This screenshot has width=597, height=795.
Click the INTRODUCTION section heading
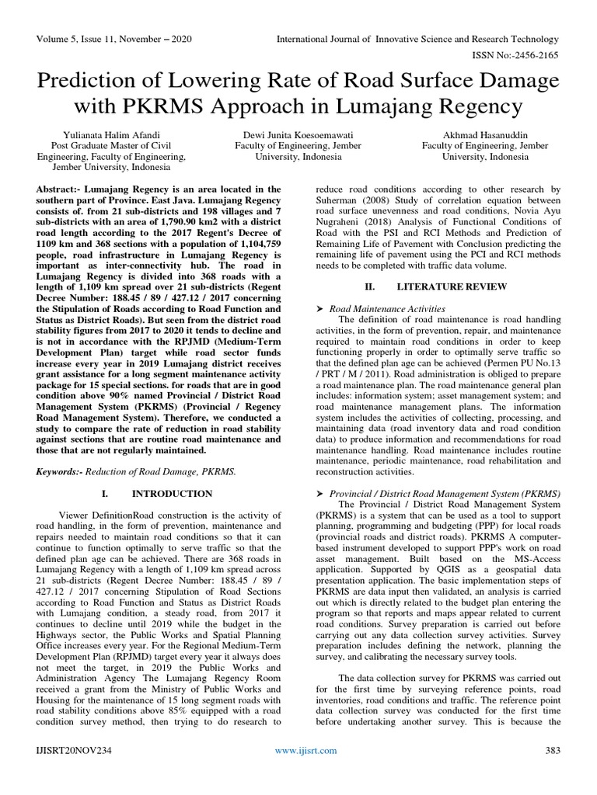[172, 494]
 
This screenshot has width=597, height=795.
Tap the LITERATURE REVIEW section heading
[452, 286]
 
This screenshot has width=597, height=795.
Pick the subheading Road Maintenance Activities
[388, 308]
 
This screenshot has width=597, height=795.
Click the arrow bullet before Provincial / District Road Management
[319, 494]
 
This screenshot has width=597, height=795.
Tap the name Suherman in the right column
[336, 200]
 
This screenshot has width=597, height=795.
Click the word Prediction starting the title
[93, 81]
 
